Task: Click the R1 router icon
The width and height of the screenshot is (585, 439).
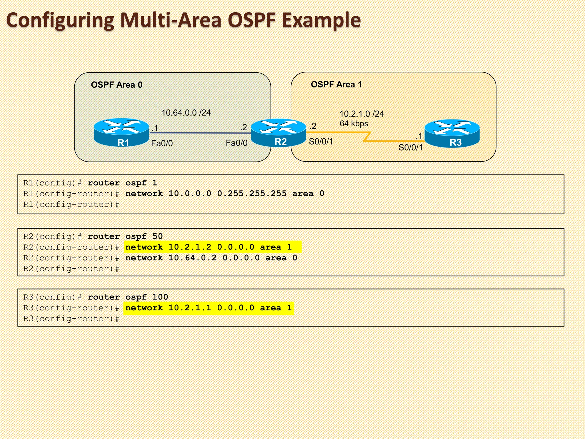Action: [x=121, y=132]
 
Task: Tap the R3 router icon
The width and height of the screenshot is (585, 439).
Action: [x=452, y=133]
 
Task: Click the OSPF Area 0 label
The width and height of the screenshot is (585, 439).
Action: [x=117, y=85]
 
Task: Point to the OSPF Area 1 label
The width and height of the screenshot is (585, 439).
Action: [x=336, y=85]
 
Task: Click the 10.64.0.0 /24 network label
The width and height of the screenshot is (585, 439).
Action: [x=186, y=113]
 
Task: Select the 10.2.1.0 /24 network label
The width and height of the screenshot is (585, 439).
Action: [x=362, y=114]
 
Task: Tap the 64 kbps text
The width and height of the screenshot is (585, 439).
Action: [x=354, y=124]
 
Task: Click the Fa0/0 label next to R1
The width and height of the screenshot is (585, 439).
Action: [x=162, y=143]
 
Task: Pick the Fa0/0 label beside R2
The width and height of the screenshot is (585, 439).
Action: [x=237, y=143]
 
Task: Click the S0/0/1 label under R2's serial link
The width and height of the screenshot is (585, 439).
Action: [x=321, y=141]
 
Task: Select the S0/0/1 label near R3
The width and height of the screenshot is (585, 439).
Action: [x=410, y=147]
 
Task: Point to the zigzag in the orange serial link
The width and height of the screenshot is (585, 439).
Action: [x=367, y=137]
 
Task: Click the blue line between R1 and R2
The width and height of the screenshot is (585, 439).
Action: [x=200, y=133]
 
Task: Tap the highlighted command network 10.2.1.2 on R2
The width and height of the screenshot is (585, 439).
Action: [x=212, y=247]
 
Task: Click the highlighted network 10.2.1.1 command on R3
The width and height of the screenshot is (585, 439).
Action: [x=209, y=308]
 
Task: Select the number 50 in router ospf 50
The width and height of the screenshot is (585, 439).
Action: [x=157, y=236]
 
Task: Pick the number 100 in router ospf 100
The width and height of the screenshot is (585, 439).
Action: [x=160, y=297]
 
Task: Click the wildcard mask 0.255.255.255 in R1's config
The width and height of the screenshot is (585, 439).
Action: [x=252, y=193]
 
